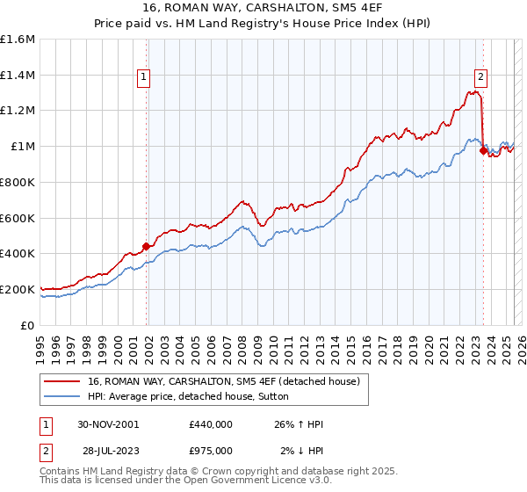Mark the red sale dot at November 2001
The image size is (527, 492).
coord(147,246)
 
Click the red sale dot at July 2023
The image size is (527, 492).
coord(482,150)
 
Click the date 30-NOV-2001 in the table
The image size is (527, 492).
coord(108,425)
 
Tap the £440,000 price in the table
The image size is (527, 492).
coord(211,425)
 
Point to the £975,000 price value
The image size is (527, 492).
coord(211,450)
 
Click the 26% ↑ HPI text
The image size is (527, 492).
coord(300,425)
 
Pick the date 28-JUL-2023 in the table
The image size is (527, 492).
coord(109,450)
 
